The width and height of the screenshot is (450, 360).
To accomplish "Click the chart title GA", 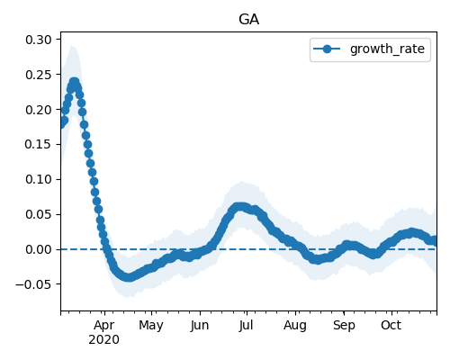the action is (x=248, y=20).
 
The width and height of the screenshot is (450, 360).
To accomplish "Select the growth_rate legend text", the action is (x=387, y=49).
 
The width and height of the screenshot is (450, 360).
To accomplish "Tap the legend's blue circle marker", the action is (x=327, y=49).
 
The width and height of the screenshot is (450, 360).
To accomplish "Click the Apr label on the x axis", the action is (x=103, y=326).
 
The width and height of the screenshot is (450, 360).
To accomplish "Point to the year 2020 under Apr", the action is (x=103, y=339).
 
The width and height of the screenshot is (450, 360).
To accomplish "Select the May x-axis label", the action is (x=151, y=326).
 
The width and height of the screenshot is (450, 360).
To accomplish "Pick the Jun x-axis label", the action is (x=200, y=326).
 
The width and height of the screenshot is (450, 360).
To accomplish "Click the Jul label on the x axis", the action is (x=246, y=326).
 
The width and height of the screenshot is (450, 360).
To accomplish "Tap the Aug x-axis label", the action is (x=295, y=326).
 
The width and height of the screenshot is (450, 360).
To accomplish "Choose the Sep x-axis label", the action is (x=344, y=326).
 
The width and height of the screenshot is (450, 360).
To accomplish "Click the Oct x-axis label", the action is (x=391, y=326).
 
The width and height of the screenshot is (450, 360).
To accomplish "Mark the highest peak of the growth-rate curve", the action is (x=74, y=82).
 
